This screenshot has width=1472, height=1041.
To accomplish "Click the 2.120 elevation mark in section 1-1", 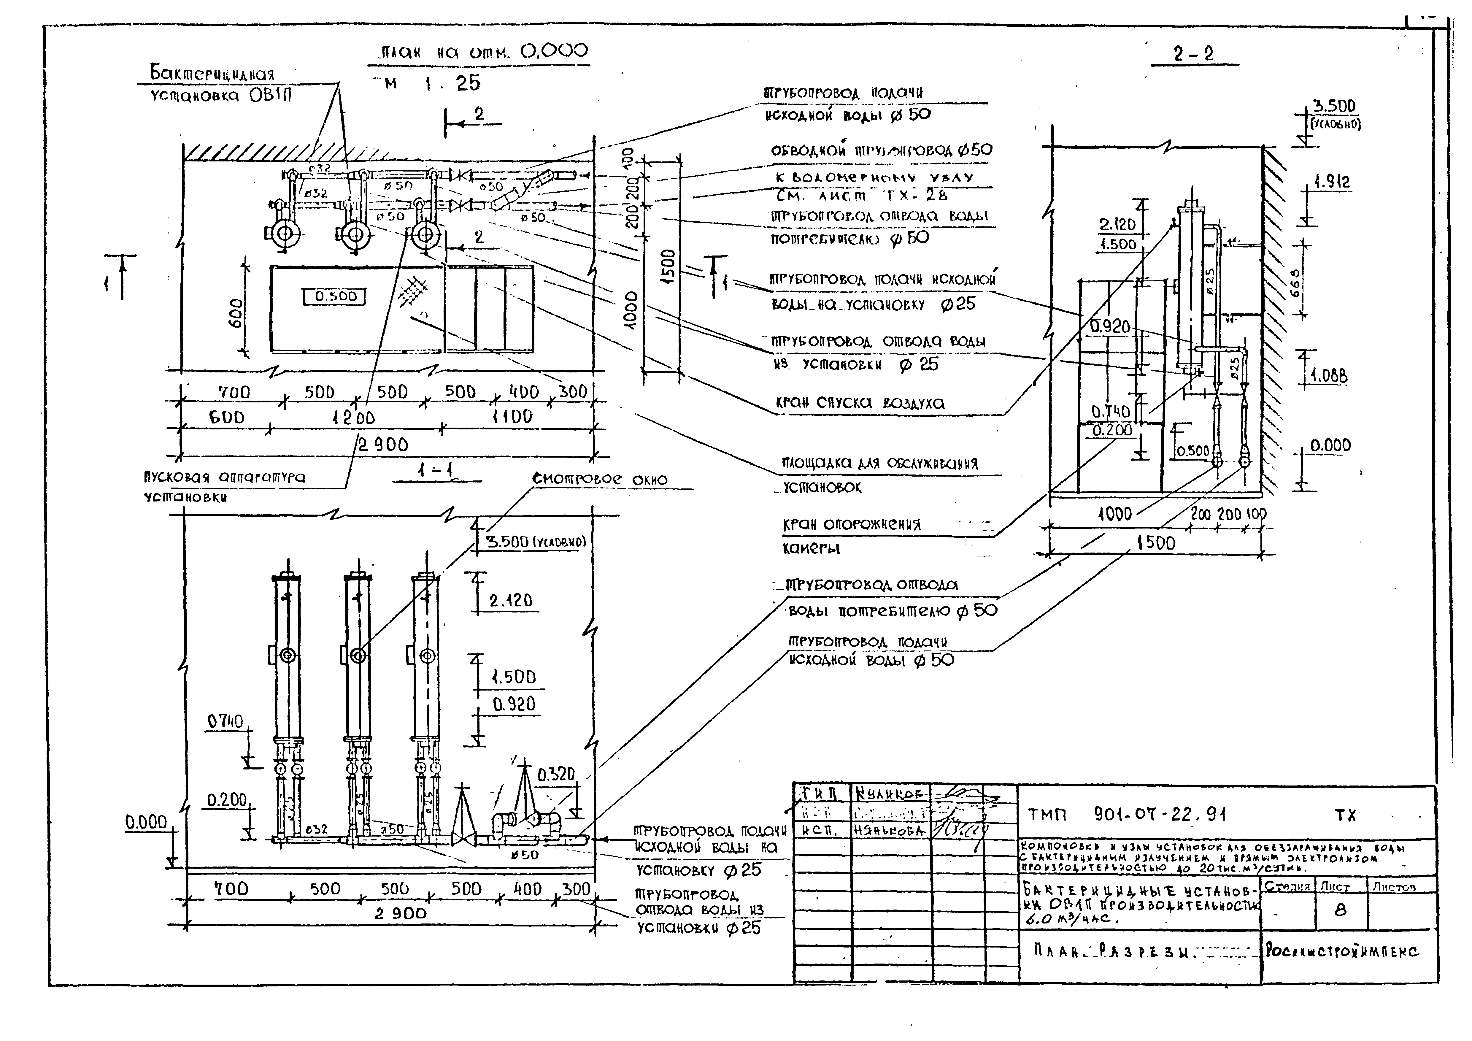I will [510, 601].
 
